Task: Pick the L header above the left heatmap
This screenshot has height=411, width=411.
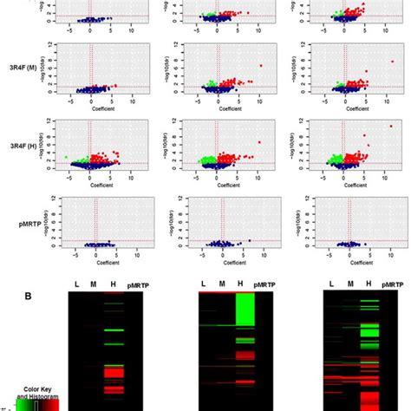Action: point(75,284)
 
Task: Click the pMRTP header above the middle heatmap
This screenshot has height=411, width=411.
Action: point(265,284)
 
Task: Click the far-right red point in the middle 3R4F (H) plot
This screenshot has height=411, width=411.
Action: point(258,142)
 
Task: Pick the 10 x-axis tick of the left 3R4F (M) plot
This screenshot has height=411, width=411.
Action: point(132,100)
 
